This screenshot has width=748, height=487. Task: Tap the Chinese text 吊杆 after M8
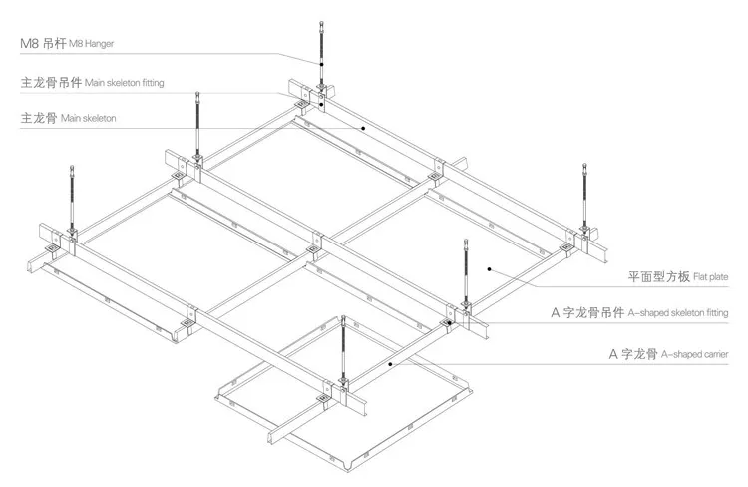pos(50,43)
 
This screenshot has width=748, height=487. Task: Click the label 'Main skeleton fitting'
pos(126,82)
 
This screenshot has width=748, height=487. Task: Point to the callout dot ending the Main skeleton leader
pos(365,129)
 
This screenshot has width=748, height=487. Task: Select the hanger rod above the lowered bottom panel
pos(343,344)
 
